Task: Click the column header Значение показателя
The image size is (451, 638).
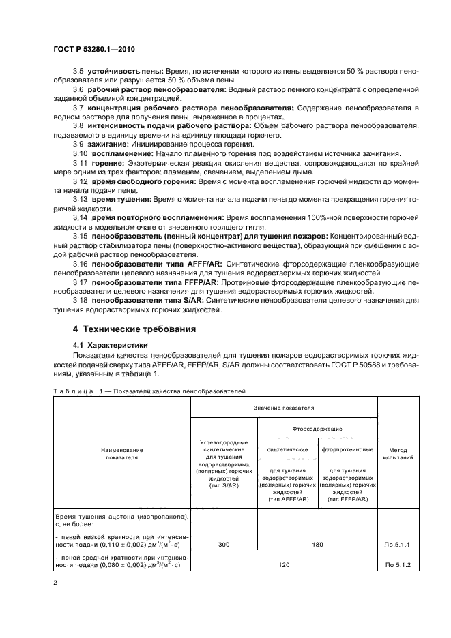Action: point(283,407)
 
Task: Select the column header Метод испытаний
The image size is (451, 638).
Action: point(399,454)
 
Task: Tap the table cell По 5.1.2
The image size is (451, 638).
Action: point(399,565)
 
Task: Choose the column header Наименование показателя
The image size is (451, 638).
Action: point(122,454)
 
